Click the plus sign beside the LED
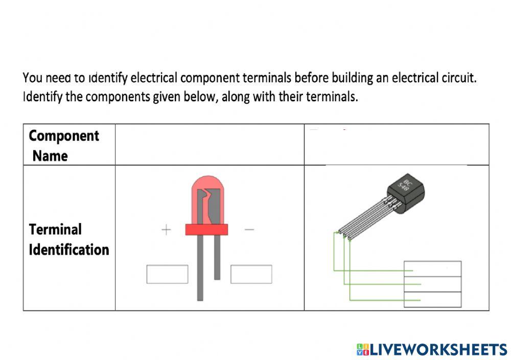[x=166, y=230]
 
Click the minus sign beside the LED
[x=249, y=230]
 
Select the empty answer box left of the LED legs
[x=167, y=274]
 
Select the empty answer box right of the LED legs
[x=251, y=274]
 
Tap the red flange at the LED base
[x=206, y=230]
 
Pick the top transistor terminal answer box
[x=432, y=269]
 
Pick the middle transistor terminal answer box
[x=432, y=284]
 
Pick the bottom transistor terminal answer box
[x=432, y=299]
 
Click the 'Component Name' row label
[x=63, y=145]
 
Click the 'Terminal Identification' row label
[x=68, y=239]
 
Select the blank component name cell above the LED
[x=210, y=145]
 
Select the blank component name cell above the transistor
[x=397, y=145]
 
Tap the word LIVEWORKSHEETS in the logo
[x=438, y=350]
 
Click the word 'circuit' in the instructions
[x=458, y=78]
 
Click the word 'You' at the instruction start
[x=32, y=78]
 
